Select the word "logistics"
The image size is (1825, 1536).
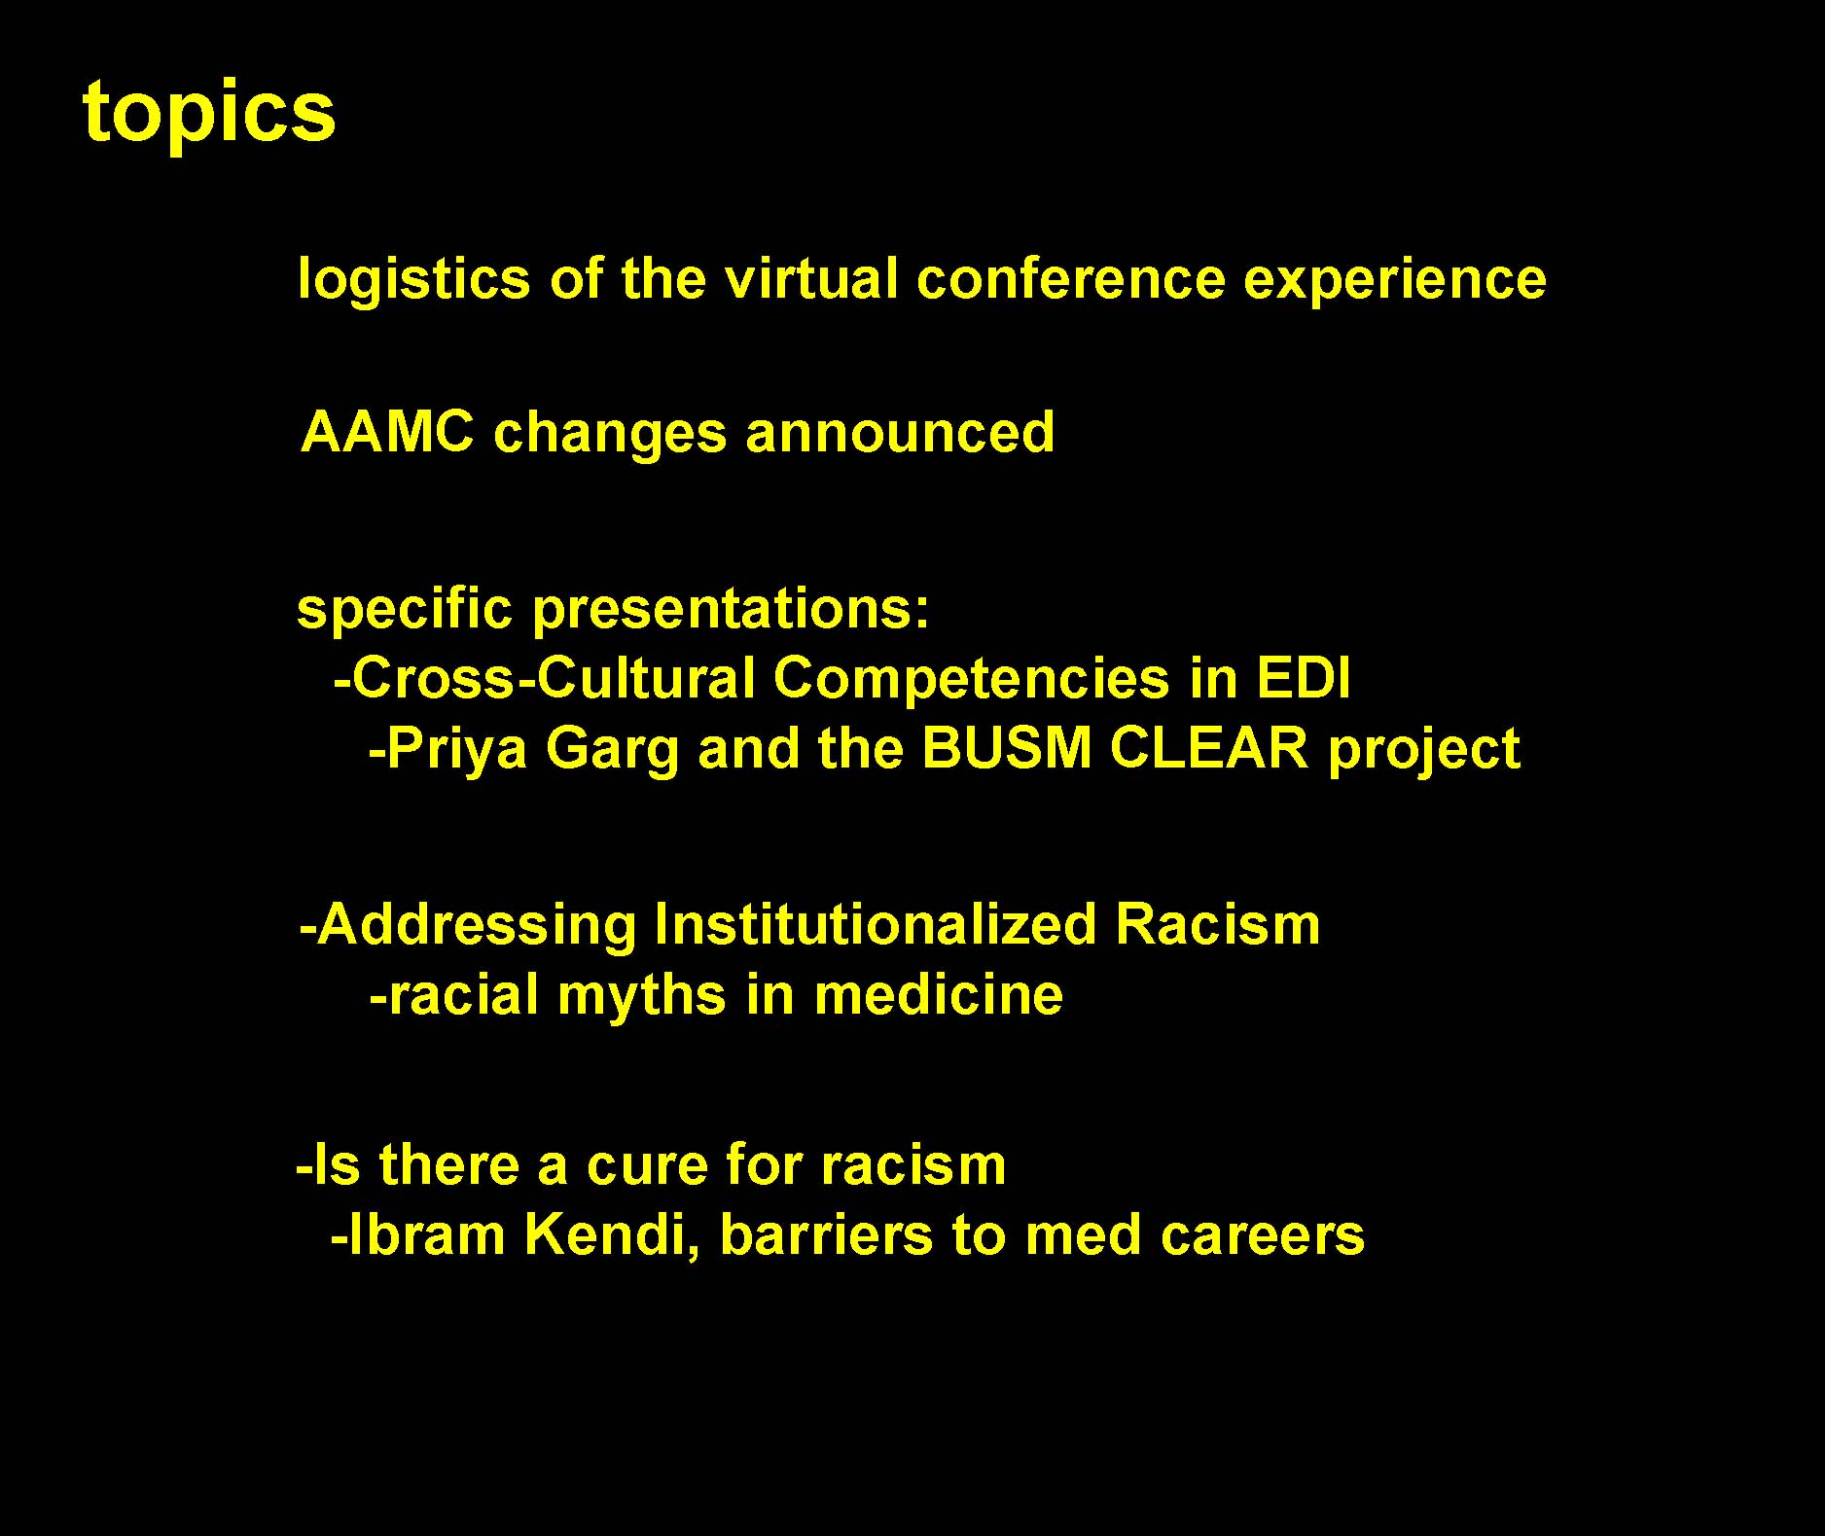pos(413,279)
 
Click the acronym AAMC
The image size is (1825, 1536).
pos(387,432)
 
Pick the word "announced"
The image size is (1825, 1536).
pos(900,432)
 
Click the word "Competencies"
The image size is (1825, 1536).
pos(971,680)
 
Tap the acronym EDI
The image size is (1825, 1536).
pos(1303,678)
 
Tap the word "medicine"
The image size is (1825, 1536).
pos(939,995)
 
